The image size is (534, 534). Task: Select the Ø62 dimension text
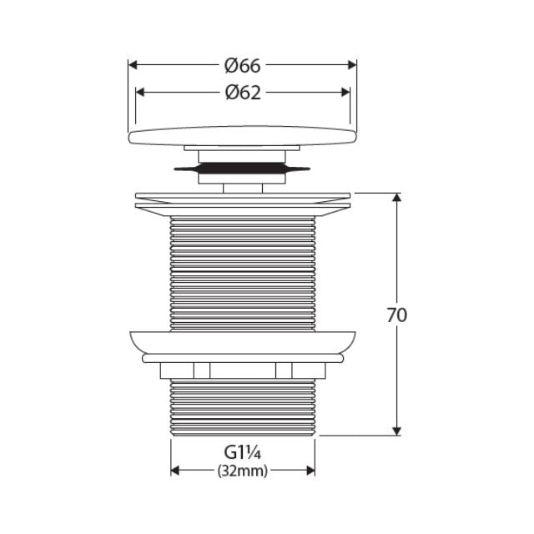click(x=242, y=93)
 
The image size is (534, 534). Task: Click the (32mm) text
click(x=242, y=471)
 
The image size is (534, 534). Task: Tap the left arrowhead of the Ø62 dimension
click(x=140, y=93)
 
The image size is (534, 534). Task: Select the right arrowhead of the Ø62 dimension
click(x=345, y=93)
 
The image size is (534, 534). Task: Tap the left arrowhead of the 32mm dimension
click(x=175, y=471)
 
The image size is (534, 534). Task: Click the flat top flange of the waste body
click(x=242, y=201)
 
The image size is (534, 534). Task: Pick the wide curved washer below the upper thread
click(x=242, y=341)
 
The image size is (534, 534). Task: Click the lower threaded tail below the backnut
click(x=242, y=409)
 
